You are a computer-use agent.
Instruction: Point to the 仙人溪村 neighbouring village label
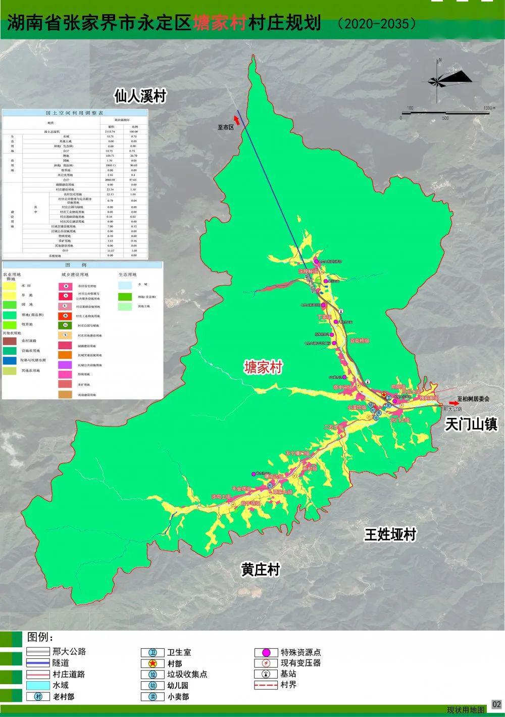coord(140,96)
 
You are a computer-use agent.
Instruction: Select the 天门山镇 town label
coord(471,424)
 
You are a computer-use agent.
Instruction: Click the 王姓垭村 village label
coord(390,535)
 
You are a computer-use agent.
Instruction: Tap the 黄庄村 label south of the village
coord(260,570)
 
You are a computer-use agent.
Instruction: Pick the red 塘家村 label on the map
coord(263,367)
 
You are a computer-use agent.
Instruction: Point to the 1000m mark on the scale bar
coord(487,108)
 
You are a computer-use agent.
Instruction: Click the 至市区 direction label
coord(226,127)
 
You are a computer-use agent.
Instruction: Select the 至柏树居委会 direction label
coord(473,398)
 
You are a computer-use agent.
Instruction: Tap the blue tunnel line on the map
coord(273,192)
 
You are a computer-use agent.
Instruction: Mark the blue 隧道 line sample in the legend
coord(38,663)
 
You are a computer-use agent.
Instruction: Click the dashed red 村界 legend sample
coord(265,686)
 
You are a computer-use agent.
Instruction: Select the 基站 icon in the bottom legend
coord(265,674)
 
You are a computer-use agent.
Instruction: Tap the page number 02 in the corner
coord(496,704)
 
